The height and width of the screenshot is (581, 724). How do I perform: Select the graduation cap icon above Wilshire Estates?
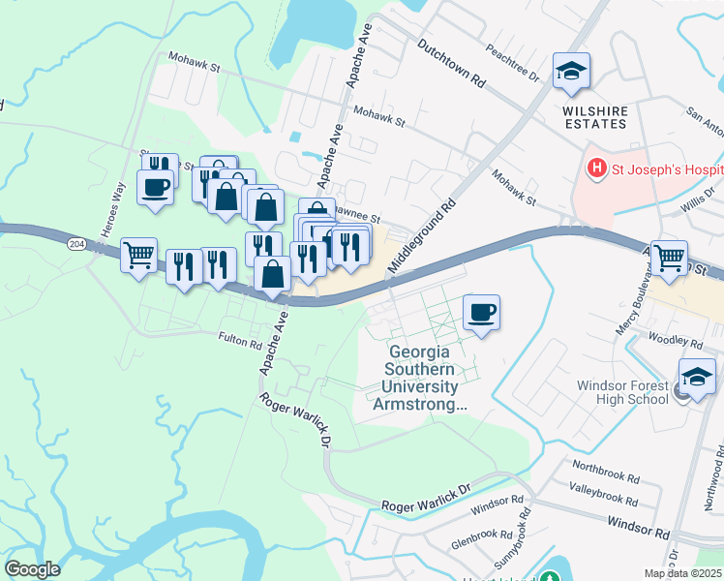(x=571, y=71)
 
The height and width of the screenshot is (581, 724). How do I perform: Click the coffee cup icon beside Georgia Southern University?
(x=481, y=312)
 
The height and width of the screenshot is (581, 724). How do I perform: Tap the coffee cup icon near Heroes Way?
(x=154, y=186)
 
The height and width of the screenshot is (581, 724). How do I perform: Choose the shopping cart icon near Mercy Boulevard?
(x=669, y=258)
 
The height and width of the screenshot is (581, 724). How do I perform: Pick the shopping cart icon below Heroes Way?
(x=139, y=256)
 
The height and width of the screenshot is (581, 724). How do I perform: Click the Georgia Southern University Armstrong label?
(x=419, y=379)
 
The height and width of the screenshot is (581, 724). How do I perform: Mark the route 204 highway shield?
(x=76, y=245)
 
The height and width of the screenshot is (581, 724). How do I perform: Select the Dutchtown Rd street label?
(x=451, y=64)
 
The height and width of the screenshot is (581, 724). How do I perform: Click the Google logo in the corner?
(x=32, y=569)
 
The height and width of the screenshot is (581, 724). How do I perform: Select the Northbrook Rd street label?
(x=605, y=477)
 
